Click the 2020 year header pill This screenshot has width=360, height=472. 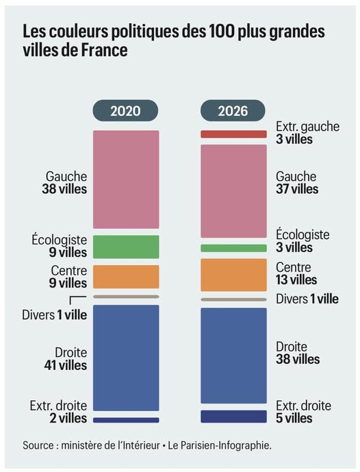click(126, 111)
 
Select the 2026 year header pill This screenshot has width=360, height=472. click(233, 111)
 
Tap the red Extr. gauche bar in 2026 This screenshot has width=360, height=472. click(233, 134)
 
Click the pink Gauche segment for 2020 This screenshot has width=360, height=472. click(126, 179)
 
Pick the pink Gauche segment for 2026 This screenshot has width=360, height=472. click(233, 190)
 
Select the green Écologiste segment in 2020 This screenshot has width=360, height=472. click(126, 247)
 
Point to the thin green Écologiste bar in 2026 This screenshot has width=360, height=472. click(233, 248)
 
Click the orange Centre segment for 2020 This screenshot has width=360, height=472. click(126, 276)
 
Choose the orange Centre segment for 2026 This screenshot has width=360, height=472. click(233, 275)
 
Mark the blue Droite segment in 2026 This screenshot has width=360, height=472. click(233, 356)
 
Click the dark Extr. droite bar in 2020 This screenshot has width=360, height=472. click(126, 420)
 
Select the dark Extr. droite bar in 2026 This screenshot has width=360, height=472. click(233, 417)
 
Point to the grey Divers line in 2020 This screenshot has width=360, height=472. click(126, 297)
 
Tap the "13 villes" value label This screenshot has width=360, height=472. click(296, 280)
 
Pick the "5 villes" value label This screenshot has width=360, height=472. click(294, 418)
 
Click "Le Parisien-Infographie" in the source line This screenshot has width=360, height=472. click(222, 445)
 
